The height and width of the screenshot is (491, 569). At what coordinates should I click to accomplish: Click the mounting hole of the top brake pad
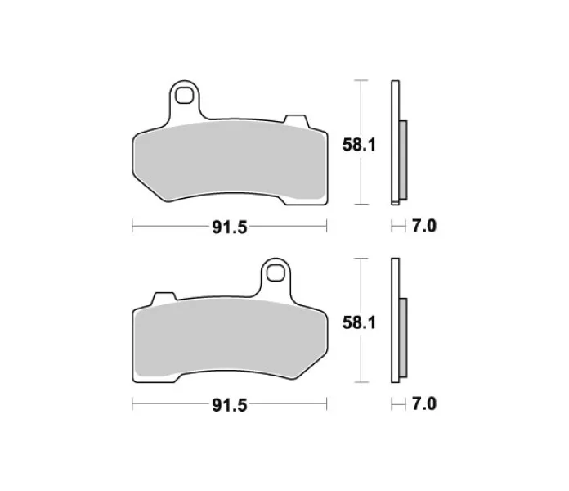pos(184,95)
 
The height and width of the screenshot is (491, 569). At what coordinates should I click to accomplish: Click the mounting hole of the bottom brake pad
pos(276,273)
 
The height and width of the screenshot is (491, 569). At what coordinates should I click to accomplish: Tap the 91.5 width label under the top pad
pos(230,227)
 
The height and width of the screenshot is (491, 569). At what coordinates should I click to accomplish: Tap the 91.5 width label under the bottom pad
pos(230,405)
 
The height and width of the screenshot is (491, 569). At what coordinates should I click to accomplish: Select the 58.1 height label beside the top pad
pos(359,145)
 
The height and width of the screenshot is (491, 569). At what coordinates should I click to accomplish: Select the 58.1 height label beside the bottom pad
pos(359,322)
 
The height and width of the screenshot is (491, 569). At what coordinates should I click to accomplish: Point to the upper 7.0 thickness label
pos(423,226)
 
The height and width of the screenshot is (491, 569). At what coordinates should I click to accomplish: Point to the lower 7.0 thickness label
pos(423,403)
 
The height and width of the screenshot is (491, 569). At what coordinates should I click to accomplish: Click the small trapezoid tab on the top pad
pos(296,121)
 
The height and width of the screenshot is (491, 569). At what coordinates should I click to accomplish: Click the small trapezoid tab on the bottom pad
pos(164,299)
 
